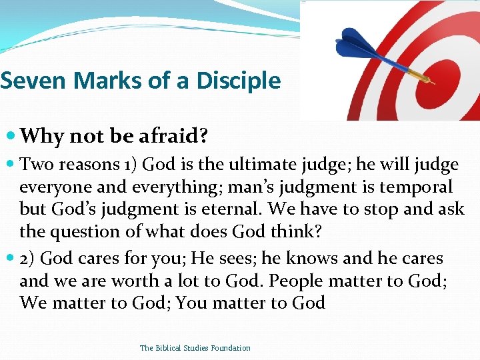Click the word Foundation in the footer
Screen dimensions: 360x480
(x=229, y=348)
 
